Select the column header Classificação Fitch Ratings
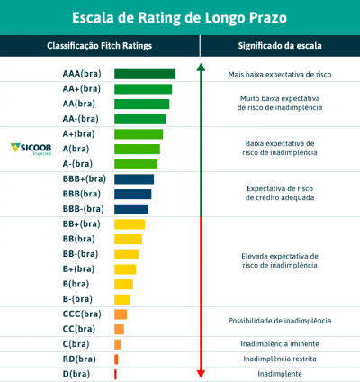tap(99, 46)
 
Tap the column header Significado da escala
tap(279, 46)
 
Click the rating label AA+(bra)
tap(81, 89)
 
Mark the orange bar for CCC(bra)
tap(120, 314)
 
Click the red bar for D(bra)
tap(115, 373)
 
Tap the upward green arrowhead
tap(201, 67)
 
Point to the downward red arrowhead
tap(201, 373)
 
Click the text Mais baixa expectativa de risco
tap(279, 74)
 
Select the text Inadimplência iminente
tap(279, 343)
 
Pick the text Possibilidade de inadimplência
tap(279, 321)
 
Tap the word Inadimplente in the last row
tap(279, 373)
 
